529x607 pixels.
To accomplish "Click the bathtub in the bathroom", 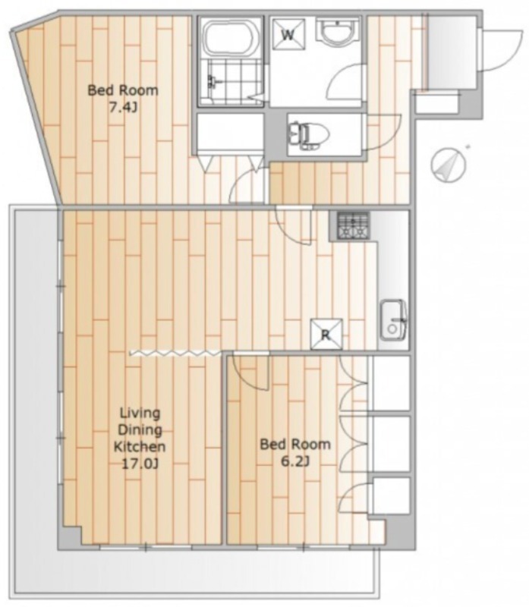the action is point(231,38).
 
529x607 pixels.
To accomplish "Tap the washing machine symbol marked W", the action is point(288,34).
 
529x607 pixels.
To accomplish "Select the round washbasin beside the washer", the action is point(337,31).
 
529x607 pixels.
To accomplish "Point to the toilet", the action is point(308,135).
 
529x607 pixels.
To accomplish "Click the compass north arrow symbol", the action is point(449,165).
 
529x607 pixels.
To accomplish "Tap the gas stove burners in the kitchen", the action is point(353,225).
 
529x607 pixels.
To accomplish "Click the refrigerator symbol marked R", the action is point(326,334).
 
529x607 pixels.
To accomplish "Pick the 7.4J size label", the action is point(122,108).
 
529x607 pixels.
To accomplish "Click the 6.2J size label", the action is point(294,461).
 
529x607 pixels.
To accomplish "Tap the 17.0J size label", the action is point(140,463).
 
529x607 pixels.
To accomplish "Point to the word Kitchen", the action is point(140,446).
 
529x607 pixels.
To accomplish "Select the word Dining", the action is point(140,429).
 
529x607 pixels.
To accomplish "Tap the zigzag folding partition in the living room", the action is point(175,353).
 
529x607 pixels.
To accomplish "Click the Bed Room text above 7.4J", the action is point(123,90).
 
